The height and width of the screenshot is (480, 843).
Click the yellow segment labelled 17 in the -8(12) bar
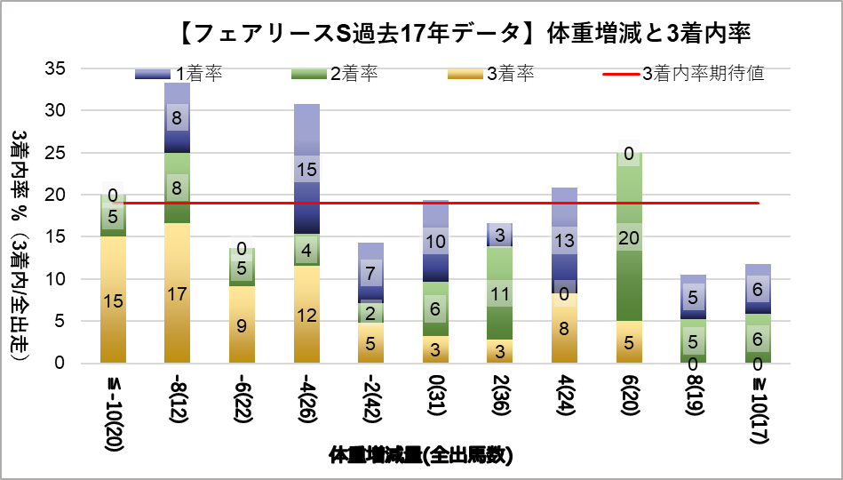(178, 292)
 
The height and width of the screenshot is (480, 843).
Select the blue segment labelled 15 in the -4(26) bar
(306, 169)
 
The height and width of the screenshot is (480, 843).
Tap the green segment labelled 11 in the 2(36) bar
(500, 293)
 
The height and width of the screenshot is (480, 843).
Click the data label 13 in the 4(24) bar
(565, 239)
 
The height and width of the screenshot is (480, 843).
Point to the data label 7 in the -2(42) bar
(371, 273)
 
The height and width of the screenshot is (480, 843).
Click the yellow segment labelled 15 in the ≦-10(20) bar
(113, 300)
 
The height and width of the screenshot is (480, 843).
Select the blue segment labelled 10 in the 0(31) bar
(435, 242)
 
